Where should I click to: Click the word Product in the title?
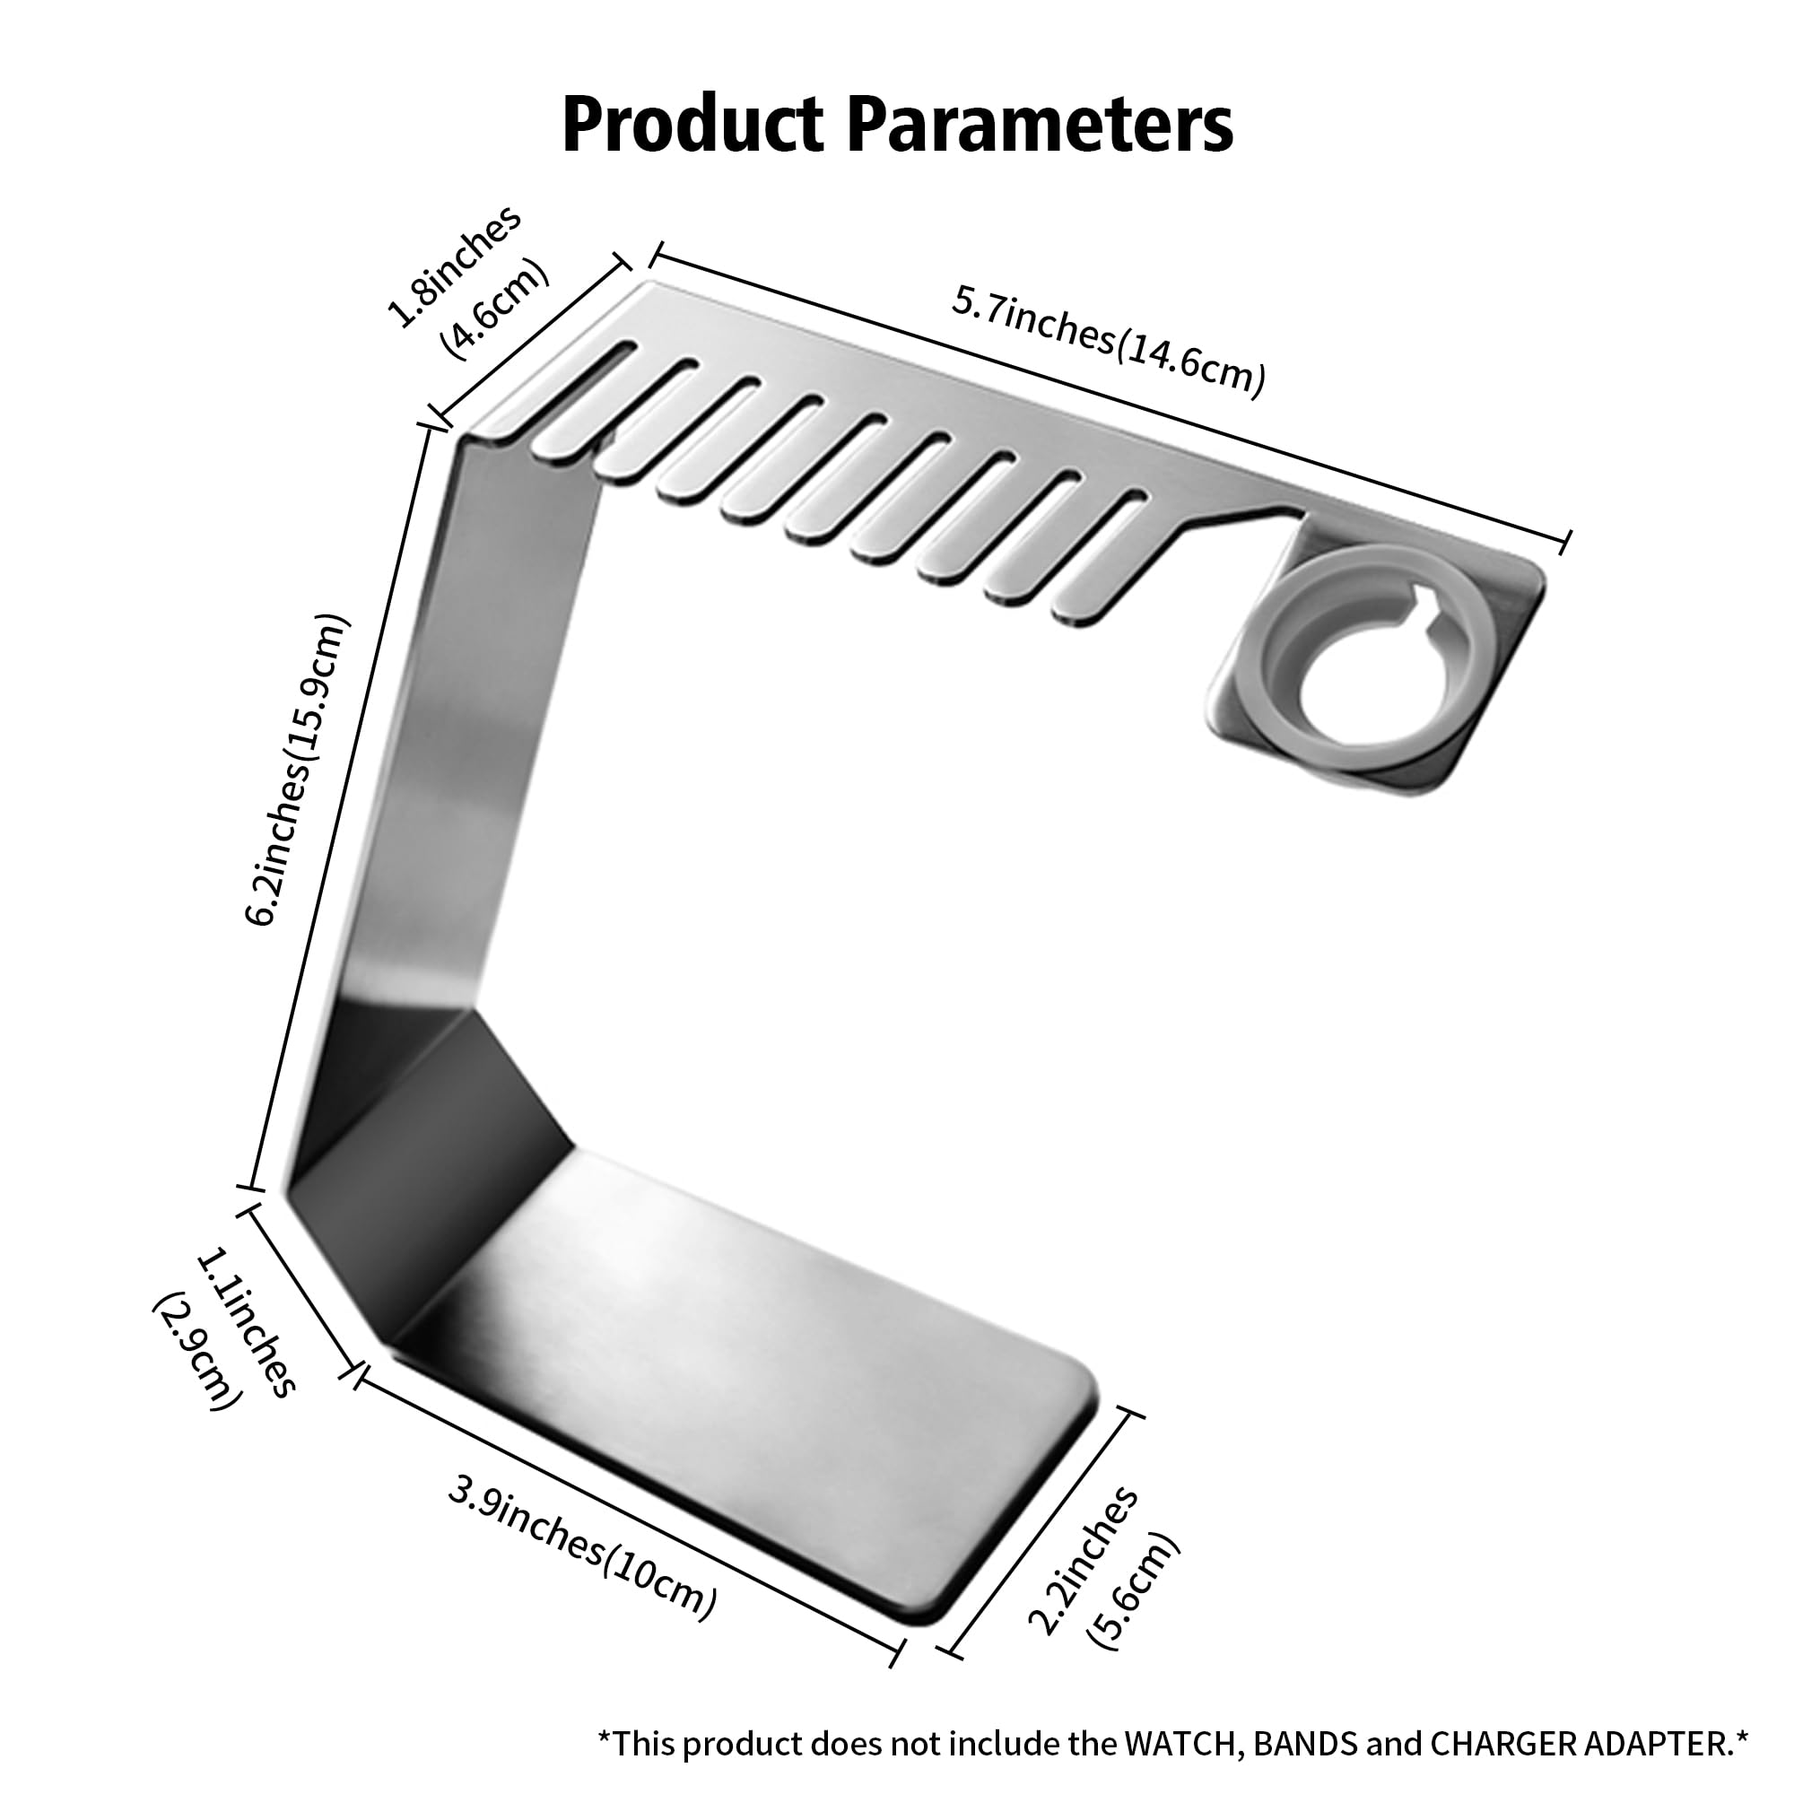click(692, 125)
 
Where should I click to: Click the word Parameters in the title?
click(1039, 125)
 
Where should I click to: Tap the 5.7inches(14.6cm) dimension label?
click(1108, 341)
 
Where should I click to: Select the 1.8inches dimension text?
click(454, 266)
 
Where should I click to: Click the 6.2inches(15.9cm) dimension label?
click(298, 770)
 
